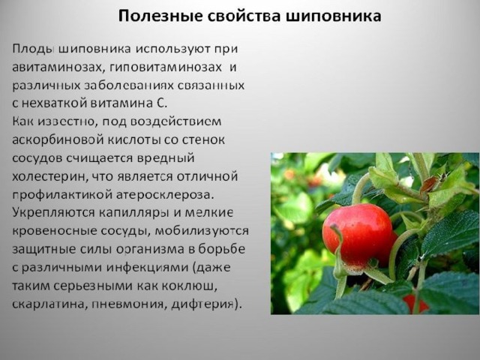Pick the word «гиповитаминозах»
[165, 67]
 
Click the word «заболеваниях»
[128, 85]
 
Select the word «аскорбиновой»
[58, 140]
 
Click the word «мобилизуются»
[202, 231]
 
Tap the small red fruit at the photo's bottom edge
[415, 304]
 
